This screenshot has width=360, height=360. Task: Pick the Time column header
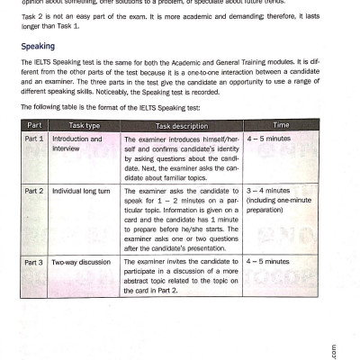pos(279,124)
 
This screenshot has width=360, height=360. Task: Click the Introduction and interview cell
pos(76,144)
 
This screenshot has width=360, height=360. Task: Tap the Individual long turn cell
pos(83,192)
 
